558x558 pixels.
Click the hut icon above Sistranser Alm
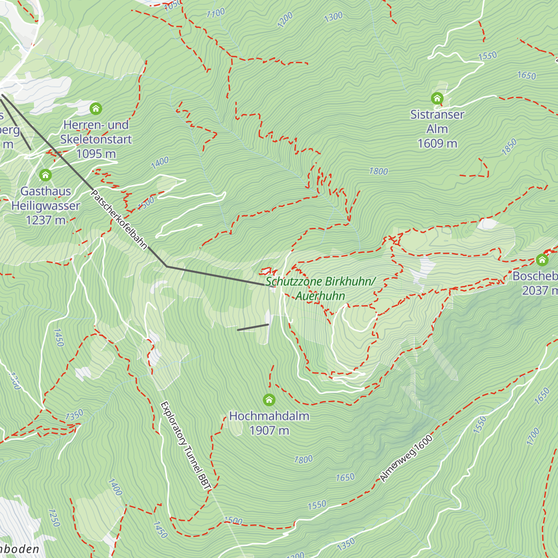click(x=437, y=98)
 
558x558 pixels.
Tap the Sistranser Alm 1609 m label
click(x=437, y=129)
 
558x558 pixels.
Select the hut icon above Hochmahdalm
click(x=269, y=399)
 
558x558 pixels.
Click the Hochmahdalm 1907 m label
click(x=269, y=423)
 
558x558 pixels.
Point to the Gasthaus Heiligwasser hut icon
click(x=45, y=175)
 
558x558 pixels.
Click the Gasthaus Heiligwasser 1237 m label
click(x=46, y=206)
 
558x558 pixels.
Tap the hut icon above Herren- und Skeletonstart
click(x=96, y=109)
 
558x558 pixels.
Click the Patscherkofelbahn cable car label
click(x=119, y=219)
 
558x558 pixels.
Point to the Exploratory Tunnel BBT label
click(x=185, y=445)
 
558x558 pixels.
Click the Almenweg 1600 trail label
click(x=406, y=458)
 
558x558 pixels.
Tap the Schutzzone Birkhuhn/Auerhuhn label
click(x=320, y=288)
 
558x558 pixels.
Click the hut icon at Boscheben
click(x=542, y=260)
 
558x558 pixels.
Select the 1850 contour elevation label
click(x=509, y=147)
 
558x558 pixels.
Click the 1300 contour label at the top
click(x=333, y=17)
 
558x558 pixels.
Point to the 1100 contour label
click(x=215, y=13)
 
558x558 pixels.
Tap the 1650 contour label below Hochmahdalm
click(x=345, y=478)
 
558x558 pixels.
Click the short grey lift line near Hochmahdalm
click(x=253, y=327)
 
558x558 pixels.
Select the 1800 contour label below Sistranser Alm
click(x=378, y=172)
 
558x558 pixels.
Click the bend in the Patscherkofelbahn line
click(x=166, y=266)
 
